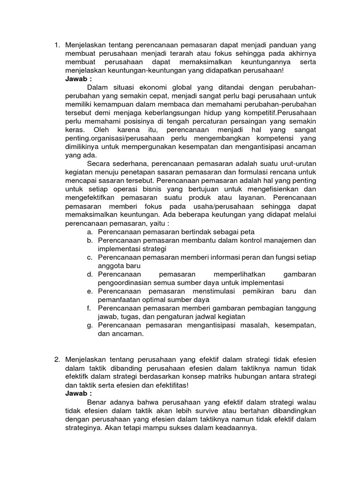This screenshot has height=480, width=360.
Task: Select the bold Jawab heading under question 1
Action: pyautogui.click(x=78, y=79)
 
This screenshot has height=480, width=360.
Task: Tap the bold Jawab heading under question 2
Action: pyautogui.click(x=78, y=393)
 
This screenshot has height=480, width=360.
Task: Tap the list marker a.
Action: pyautogui.click(x=89, y=232)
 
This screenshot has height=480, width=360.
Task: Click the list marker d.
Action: pyautogui.click(x=89, y=274)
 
